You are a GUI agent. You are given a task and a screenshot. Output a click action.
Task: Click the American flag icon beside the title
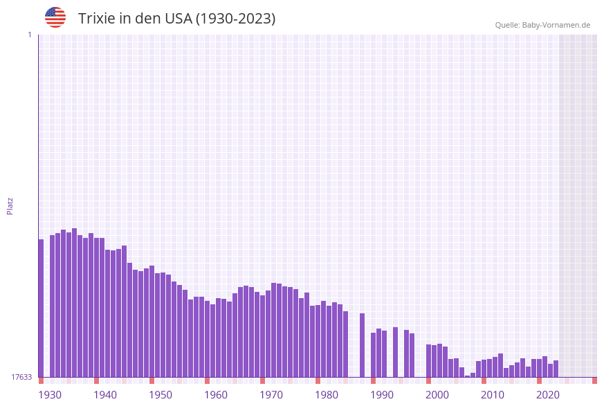(x=55, y=17)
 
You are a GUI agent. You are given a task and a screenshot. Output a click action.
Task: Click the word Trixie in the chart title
(x=96, y=19)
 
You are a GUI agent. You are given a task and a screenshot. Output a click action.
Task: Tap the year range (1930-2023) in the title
(x=236, y=19)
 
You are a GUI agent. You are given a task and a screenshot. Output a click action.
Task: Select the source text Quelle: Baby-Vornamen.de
(x=542, y=25)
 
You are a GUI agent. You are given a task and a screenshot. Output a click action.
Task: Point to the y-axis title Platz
(x=10, y=205)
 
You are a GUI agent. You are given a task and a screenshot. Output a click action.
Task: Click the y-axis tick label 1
(x=29, y=35)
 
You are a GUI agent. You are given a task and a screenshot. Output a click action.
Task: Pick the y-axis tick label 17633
(x=21, y=377)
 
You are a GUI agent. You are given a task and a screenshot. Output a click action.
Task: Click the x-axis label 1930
(x=50, y=395)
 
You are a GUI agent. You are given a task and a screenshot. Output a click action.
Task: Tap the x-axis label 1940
(x=105, y=395)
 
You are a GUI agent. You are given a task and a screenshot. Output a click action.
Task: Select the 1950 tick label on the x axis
(x=161, y=395)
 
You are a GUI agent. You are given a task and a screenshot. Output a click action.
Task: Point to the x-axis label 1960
(x=216, y=395)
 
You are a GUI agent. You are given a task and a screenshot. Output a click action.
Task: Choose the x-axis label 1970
(x=271, y=395)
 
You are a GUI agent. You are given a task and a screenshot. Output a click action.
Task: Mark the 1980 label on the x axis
(x=327, y=395)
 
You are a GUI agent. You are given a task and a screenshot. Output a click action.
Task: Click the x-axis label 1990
(x=382, y=395)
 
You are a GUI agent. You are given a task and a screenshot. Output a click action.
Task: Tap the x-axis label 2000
(x=437, y=395)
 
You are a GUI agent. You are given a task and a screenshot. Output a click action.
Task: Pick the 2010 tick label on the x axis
(x=493, y=395)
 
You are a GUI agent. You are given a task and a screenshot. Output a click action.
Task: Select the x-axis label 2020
(x=548, y=395)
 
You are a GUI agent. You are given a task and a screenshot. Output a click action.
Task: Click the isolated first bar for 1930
(x=41, y=308)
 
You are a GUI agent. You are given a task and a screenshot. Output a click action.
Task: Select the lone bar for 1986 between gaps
(x=362, y=345)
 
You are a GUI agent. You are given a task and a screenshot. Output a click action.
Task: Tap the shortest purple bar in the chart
(x=468, y=376)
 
